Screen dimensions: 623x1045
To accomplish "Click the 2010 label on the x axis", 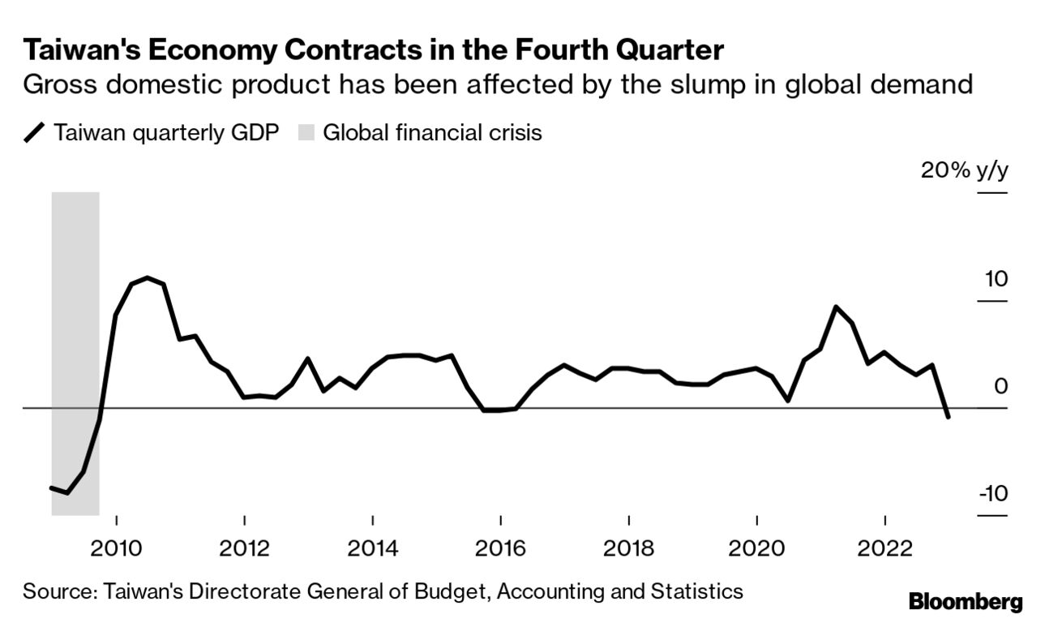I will tap(116, 548).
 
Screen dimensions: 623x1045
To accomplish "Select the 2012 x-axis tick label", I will tap(244, 548).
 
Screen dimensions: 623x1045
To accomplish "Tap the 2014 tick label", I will tap(372, 548).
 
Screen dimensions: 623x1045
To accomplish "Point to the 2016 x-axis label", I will tap(500, 548).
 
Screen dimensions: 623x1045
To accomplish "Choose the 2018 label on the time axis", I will tap(628, 548).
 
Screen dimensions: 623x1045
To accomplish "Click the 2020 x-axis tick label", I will tap(756, 548).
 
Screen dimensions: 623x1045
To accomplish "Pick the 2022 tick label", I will tap(884, 548).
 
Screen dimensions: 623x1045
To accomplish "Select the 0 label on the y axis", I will tap(1000, 386).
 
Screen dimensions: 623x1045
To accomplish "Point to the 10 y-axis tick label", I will tap(996, 279).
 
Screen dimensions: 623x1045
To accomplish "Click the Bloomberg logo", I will tap(966, 602).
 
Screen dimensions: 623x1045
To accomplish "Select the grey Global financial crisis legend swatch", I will tap(305, 132).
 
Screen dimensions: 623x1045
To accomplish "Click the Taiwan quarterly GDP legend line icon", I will tap(35, 132).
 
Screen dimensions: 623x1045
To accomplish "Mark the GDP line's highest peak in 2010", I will tap(147, 277).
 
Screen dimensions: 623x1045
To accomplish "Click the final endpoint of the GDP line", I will tap(948, 417).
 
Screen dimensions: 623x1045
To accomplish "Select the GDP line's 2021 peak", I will tap(836, 307).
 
